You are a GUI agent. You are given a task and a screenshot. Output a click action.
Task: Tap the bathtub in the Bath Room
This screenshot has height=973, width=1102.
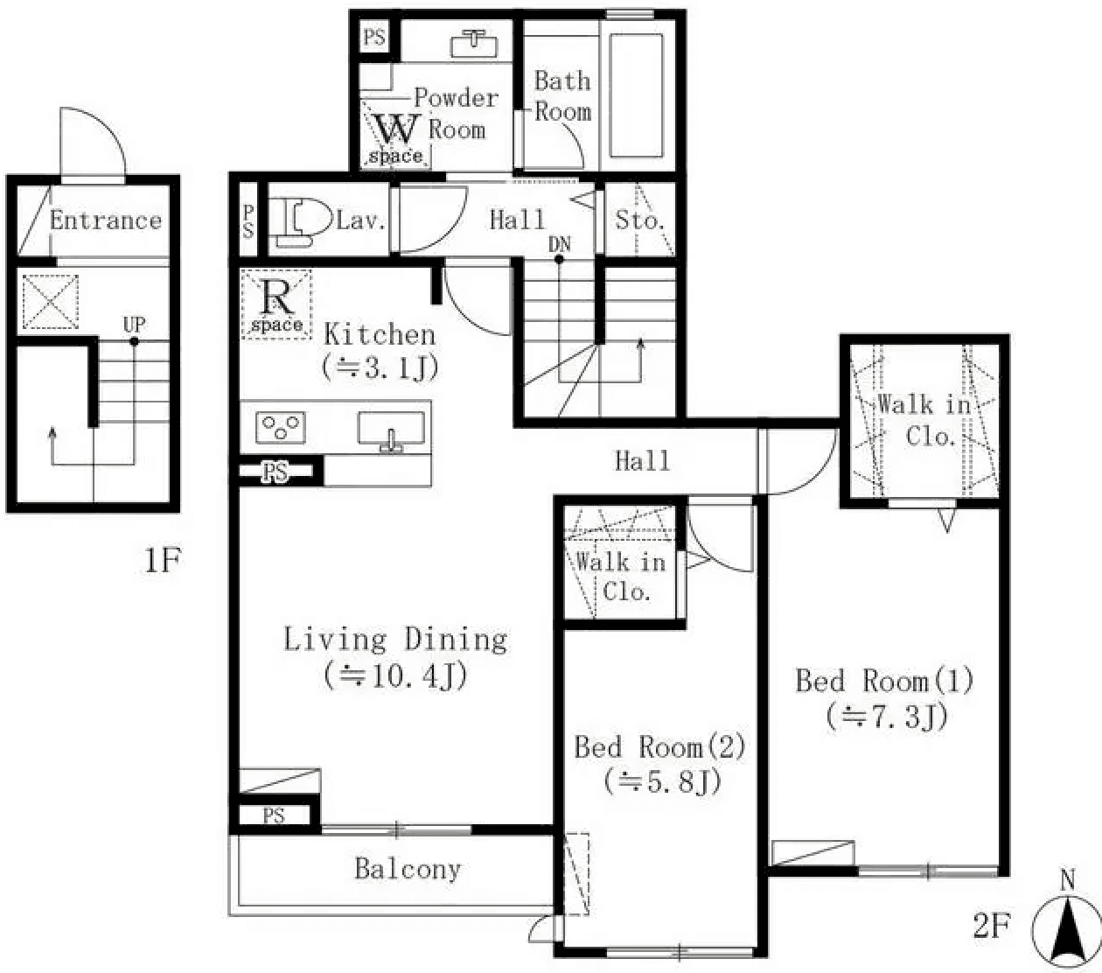(636, 94)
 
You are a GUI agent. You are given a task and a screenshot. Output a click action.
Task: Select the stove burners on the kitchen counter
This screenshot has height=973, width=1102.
(281, 428)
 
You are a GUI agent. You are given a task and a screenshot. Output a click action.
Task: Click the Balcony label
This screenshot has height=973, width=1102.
(408, 869)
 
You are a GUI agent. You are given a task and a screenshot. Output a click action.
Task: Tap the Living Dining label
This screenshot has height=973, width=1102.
(395, 640)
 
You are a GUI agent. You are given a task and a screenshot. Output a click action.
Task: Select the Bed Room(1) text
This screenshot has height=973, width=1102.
(884, 681)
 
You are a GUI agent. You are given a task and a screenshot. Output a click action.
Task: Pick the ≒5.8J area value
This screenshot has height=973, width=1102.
(662, 780)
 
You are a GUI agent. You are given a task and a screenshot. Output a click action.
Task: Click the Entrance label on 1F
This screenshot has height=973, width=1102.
(106, 220)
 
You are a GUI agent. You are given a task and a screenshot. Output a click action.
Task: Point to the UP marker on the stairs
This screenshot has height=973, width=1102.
(134, 325)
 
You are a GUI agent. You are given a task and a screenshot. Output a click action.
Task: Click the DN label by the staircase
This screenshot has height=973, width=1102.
(560, 244)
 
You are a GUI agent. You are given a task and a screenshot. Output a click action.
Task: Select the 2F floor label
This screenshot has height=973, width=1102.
(992, 926)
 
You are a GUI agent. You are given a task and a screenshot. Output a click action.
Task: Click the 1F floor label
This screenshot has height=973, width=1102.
(162, 560)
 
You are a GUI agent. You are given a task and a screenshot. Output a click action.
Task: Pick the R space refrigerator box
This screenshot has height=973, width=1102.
(276, 304)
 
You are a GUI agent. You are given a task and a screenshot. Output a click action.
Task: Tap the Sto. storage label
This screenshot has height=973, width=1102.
(640, 220)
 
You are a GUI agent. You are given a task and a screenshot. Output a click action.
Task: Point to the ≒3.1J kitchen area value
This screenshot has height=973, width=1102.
(380, 367)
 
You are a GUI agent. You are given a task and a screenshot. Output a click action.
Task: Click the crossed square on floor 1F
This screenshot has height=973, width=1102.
(50, 302)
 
